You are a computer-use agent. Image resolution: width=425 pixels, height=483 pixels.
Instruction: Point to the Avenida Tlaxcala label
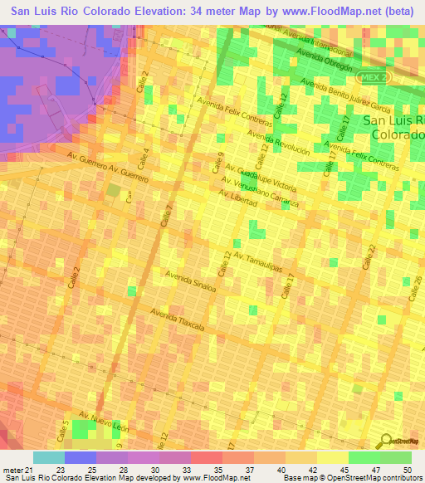(178, 319)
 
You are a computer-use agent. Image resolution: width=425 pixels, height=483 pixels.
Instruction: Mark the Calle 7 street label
(167, 218)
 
